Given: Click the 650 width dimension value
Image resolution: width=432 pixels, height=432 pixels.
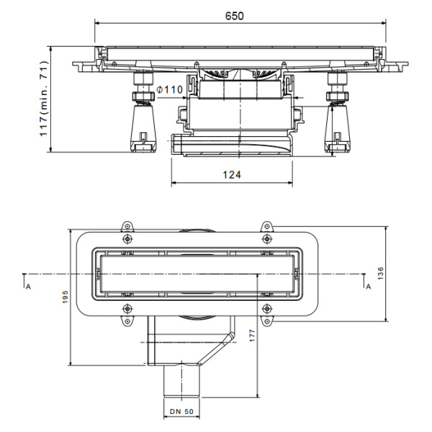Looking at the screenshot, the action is (235, 16).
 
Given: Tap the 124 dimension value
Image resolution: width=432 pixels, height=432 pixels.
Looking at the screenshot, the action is (232, 175).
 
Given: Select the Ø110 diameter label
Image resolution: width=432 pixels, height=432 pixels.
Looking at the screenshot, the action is (169, 89).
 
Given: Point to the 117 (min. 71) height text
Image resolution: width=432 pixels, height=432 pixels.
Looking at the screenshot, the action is (44, 99).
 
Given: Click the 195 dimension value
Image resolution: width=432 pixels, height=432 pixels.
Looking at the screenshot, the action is (66, 297).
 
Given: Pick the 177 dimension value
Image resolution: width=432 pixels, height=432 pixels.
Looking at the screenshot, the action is (253, 336).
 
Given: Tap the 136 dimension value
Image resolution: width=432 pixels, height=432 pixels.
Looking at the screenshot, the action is (380, 274).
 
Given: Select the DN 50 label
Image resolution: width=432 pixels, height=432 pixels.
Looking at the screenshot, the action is (181, 412).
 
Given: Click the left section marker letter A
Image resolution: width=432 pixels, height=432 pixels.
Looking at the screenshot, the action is (28, 287).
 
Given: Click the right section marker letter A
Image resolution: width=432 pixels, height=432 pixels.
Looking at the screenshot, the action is (369, 287).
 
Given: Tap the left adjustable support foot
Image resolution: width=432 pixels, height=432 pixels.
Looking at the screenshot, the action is (143, 112).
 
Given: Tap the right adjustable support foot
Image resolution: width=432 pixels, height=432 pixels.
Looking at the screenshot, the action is (338, 112).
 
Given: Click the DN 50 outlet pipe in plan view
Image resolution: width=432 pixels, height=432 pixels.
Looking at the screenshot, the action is (181, 381).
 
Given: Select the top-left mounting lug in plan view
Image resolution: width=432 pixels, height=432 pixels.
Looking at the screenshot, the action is (127, 227).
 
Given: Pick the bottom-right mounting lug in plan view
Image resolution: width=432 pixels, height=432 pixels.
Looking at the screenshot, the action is (266, 321).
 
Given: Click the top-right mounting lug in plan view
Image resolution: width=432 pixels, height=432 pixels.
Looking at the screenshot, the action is (266, 227).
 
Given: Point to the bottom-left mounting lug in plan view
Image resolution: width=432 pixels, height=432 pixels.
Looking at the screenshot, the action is (127, 321).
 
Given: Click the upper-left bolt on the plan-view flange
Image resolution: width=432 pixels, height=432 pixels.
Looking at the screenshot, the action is (127, 238).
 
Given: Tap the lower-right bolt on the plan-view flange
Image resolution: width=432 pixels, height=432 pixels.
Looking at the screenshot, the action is (266, 309).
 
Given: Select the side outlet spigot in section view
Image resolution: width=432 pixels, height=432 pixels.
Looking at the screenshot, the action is (178, 145).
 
